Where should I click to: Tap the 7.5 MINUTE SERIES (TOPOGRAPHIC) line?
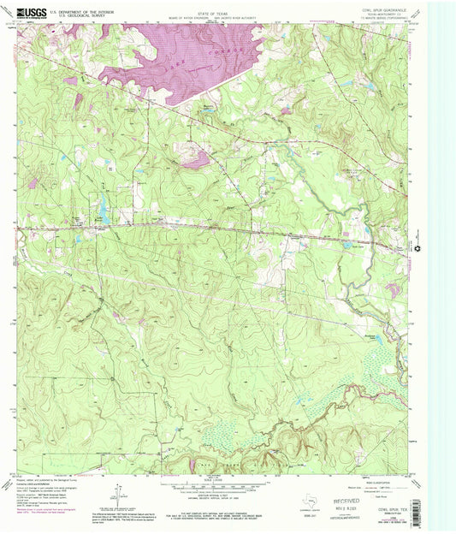pos(383,20)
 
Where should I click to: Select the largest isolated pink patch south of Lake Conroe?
pos(196,158)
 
